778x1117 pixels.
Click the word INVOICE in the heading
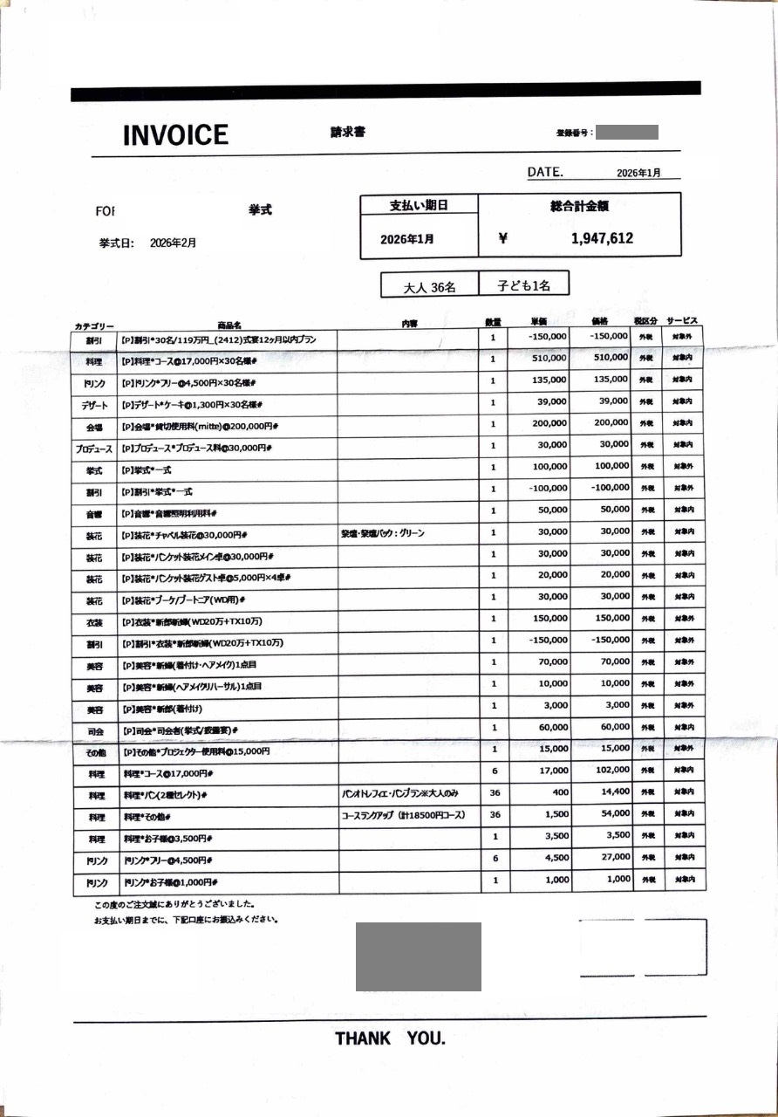[x=175, y=135]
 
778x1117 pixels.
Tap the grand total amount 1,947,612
[x=602, y=238]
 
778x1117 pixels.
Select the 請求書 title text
[x=347, y=133]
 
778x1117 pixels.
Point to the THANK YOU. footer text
[x=390, y=1038]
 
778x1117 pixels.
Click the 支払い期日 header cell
[x=419, y=206]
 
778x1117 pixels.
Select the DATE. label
[x=545, y=173]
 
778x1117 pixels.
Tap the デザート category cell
[x=94, y=405]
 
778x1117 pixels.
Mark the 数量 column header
[x=493, y=323]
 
